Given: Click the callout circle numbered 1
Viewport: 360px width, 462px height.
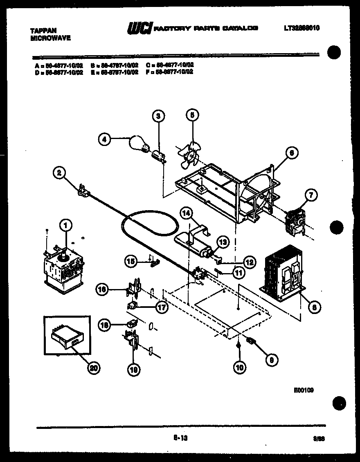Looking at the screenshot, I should click(65, 224).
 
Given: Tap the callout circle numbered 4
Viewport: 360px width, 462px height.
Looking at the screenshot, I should click(104, 139).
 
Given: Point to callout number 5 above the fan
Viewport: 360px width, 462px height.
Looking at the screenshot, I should click(191, 116).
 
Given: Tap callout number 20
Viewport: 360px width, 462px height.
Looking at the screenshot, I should click(94, 368).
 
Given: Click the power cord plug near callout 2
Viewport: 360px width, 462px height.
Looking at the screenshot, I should click(83, 190).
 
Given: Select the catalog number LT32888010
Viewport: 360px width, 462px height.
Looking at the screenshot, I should click(301, 28).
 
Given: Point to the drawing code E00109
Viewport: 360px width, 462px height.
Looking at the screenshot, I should click(303, 390).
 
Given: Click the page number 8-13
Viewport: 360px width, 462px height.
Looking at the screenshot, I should click(178, 438).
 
